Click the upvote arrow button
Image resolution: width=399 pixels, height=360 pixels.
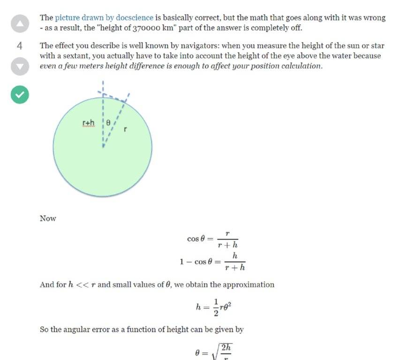20,23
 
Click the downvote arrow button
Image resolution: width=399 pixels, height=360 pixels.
20,67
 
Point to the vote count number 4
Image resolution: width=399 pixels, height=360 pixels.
20,46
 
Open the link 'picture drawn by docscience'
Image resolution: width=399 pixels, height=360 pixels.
104,18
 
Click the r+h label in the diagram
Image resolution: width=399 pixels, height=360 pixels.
88,123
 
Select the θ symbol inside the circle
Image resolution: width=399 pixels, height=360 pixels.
108,122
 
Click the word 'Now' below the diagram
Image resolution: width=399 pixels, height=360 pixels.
48,218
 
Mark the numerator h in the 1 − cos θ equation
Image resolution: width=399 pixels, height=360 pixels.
234,255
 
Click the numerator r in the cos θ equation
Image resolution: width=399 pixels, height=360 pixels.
227,233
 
